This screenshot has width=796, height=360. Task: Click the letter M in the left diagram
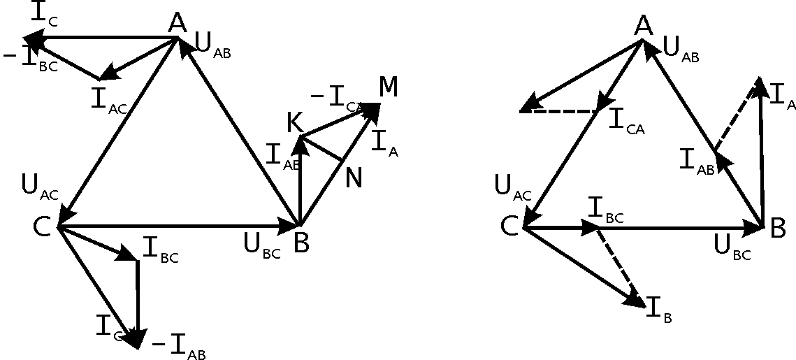(x=389, y=87)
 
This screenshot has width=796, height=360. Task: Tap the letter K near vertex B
(x=294, y=123)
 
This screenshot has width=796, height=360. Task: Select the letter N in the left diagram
(x=354, y=178)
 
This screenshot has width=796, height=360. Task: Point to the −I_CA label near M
(x=337, y=100)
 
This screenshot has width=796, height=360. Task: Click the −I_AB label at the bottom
(x=178, y=345)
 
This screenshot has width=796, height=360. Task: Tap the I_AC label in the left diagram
(x=108, y=99)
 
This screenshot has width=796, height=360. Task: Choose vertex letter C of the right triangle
(x=509, y=226)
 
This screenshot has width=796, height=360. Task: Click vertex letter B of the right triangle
(x=778, y=229)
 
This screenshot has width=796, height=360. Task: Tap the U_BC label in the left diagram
(x=261, y=246)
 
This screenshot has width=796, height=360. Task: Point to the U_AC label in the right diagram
(x=512, y=188)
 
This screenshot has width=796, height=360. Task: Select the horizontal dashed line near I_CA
(x=559, y=110)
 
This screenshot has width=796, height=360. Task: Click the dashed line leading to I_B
(x=618, y=264)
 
